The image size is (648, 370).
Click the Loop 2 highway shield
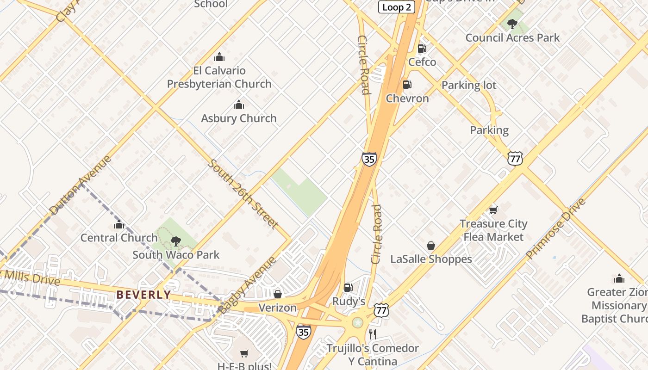click(396, 7)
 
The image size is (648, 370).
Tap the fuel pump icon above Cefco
click(422, 48)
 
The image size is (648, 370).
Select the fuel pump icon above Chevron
click(407, 85)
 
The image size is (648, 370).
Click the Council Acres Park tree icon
click(512, 24)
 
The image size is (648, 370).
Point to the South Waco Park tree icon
click(175, 240)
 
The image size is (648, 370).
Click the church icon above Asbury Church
click(239, 105)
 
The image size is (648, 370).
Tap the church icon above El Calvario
click(219, 57)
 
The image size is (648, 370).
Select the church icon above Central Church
click(119, 224)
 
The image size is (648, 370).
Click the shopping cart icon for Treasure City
click(493, 210)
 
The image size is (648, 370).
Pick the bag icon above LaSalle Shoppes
click(430, 246)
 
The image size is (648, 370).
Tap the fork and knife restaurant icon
click(372, 334)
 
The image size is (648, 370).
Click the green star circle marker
click(357, 322)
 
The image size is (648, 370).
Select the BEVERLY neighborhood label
click(143, 295)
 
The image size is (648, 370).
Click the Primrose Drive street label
click(555, 229)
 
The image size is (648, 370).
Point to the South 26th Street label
click(243, 194)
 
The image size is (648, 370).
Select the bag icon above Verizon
click(278, 294)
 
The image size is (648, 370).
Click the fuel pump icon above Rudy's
click(348, 288)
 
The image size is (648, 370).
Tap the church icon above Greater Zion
click(619, 278)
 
